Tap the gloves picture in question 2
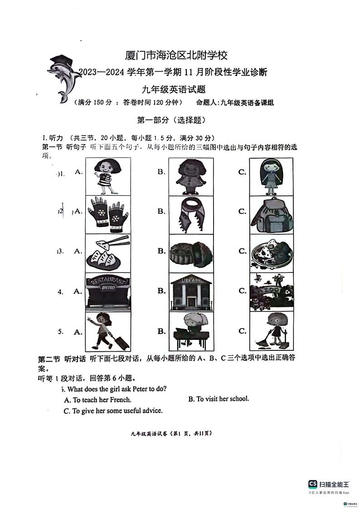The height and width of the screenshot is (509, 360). tap(107, 212)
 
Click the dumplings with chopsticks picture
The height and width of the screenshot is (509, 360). tap(107, 252)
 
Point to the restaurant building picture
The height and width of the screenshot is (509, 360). tap(107, 291)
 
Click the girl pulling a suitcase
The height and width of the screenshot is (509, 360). tap(107, 331)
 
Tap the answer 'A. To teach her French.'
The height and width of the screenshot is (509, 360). tap(98, 400)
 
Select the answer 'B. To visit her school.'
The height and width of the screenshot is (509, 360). tap(219, 399)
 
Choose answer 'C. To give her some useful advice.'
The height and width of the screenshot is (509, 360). tap(113, 411)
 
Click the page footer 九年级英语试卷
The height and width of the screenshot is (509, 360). tap(171, 433)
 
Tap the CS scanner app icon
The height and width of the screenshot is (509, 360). tap(313, 484)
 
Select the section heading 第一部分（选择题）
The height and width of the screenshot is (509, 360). tap(171, 120)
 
